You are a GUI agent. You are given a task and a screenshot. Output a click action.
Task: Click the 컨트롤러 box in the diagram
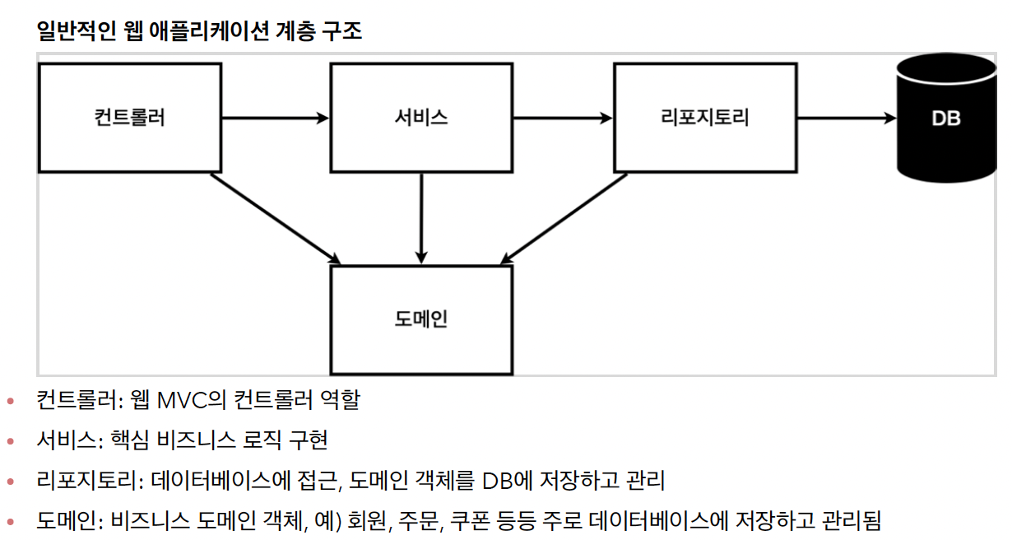[x=130, y=118]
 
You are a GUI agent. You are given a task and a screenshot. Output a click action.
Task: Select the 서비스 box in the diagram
[x=421, y=118]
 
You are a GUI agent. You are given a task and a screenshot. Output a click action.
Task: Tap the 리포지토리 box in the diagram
[x=705, y=118]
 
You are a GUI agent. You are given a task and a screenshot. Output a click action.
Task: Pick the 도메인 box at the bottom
[x=421, y=319]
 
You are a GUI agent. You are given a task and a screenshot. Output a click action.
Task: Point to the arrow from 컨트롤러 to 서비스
[x=276, y=118]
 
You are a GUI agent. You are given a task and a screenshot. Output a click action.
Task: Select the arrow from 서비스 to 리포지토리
[x=563, y=118]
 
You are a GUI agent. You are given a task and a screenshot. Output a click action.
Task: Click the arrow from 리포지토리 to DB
[x=846, y=118]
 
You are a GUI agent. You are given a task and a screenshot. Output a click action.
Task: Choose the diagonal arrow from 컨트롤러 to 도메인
[x=276, y=219]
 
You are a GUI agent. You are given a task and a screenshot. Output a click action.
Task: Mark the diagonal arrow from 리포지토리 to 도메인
[x=564, y=219]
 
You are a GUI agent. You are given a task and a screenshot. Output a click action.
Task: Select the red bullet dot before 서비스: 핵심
[x=11, y=442]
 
